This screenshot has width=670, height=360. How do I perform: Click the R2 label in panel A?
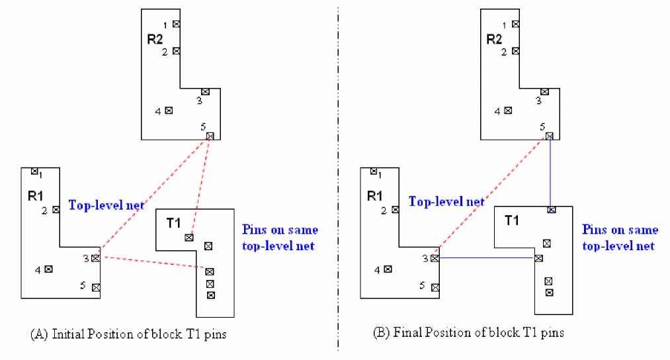click(x=155, y=40)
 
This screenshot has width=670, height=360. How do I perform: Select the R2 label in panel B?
click(x=494, y=40)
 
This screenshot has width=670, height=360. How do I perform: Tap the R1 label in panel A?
click(x=35, y=197)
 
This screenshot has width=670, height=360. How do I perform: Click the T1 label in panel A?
click(x=173, y=224)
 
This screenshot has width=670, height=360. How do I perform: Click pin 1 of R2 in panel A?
click(x=177, y=24)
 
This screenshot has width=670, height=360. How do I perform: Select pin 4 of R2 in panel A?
click(x=168, y=111)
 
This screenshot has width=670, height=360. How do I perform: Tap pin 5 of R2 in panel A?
click(x=210, y=136)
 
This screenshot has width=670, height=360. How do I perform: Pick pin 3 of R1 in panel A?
click(x=96, y=258)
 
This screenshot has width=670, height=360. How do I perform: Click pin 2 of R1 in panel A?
click(x=56, y=209)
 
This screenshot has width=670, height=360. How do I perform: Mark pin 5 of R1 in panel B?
click(x=435, y=288)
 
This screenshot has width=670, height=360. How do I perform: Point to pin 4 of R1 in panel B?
click(x=388, y=269)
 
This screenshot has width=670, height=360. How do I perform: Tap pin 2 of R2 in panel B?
click(x=516, y=50)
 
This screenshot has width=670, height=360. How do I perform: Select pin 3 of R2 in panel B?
click(x=544, y=92)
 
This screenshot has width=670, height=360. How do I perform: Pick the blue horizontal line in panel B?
click(x=486, y=258)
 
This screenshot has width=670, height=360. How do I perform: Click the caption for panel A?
click(x=128, y=334)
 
